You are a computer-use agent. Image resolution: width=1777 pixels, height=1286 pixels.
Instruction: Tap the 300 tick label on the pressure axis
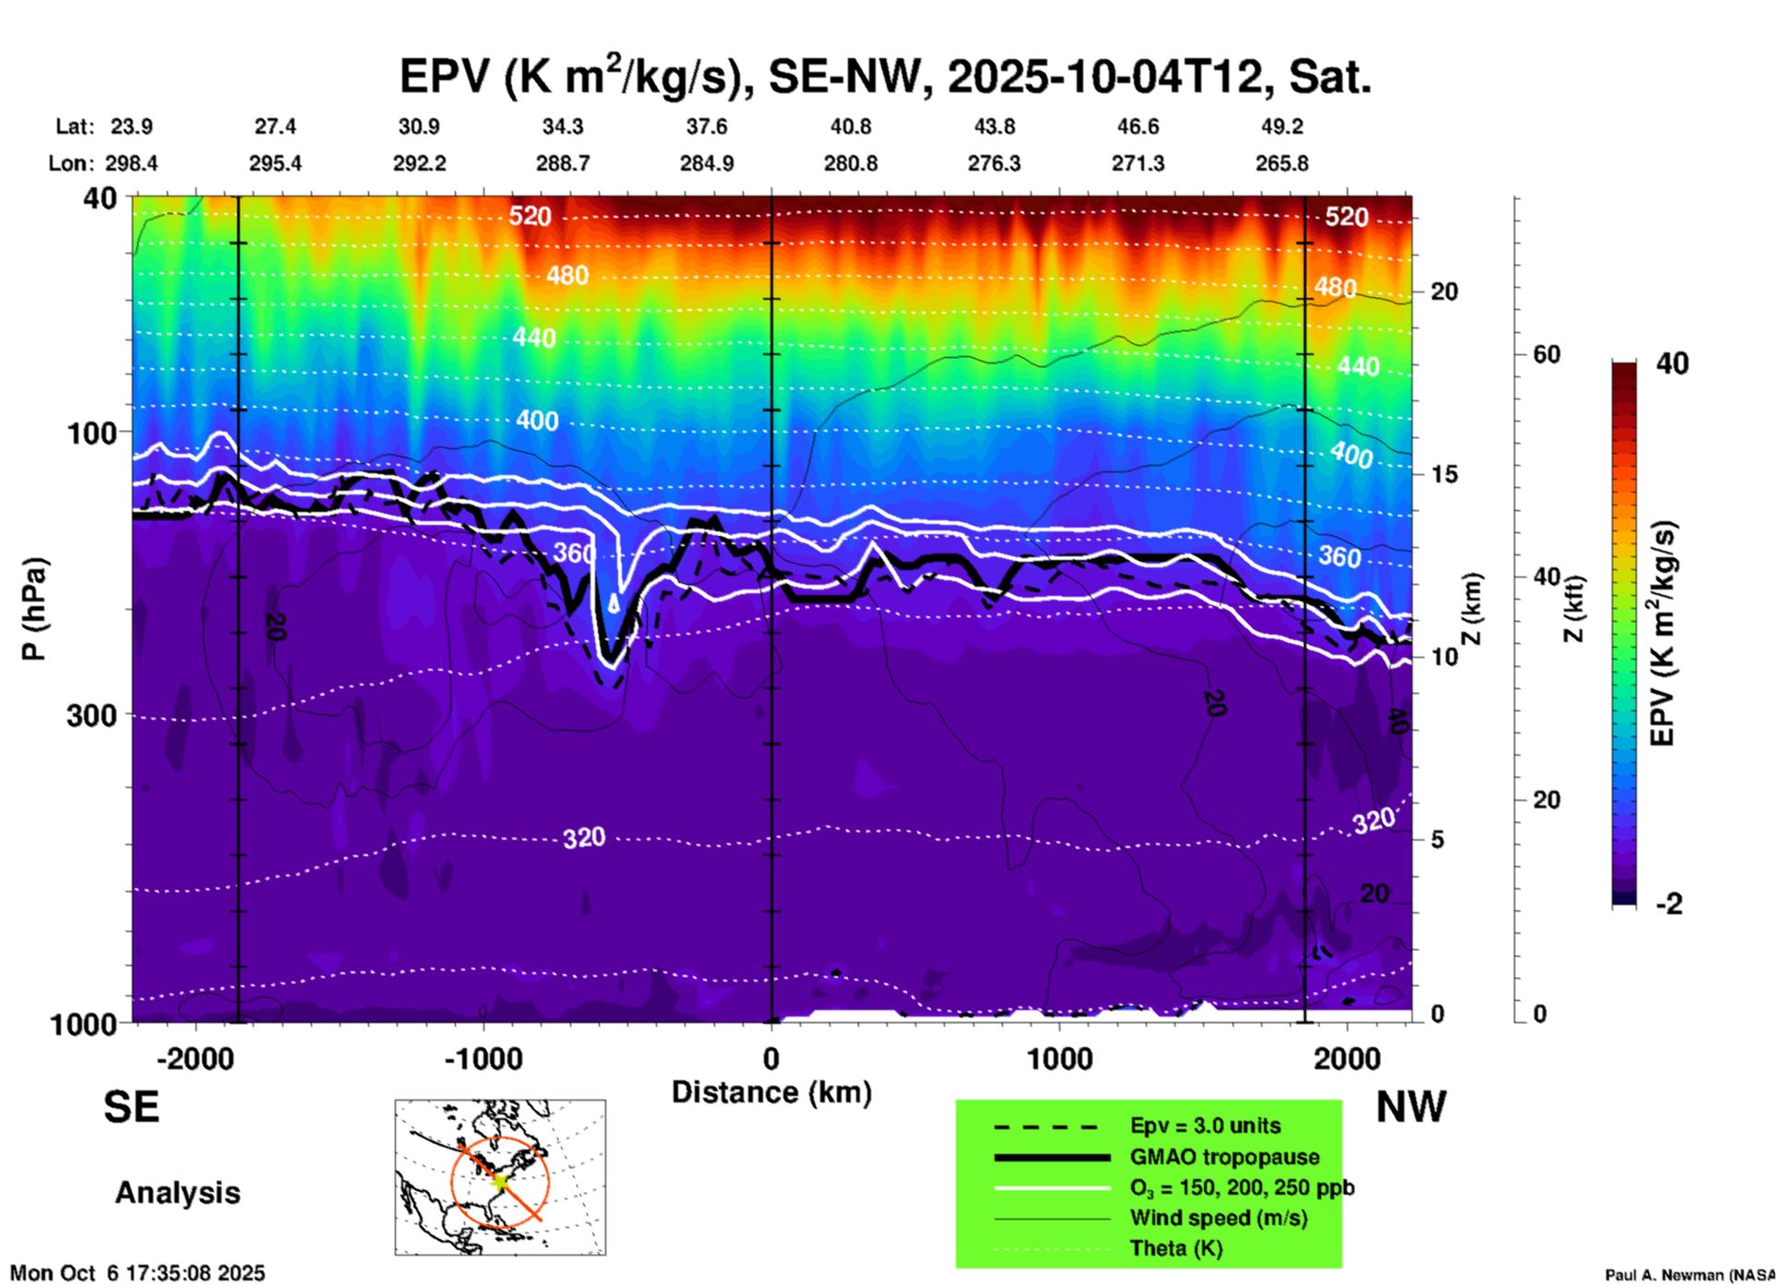pos(92,716)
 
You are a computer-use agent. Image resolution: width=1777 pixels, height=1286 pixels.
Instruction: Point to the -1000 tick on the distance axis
pos(483,1059)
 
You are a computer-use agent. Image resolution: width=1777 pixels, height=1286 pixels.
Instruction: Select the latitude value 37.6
pos(706,126)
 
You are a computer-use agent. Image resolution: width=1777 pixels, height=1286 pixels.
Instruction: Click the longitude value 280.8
pos(850,163)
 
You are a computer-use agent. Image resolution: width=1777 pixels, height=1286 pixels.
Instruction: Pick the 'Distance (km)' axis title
pos(771,1092)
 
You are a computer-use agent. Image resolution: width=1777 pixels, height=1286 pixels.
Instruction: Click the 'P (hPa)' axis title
pos(34,608)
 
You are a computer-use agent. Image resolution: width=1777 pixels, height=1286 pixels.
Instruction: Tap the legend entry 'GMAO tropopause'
pos(1223,1157)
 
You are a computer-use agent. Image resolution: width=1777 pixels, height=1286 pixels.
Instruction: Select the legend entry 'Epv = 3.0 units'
pos(1204,1126)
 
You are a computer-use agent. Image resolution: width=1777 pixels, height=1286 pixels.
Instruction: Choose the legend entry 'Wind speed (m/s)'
pos(1218,1218)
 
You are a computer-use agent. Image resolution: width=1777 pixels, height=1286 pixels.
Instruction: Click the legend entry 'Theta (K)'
pos(1175,1248)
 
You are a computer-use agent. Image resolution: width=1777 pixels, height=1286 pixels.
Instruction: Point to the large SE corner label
pos(131,1107)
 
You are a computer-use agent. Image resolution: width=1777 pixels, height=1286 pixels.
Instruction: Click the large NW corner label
pos(1411,1107)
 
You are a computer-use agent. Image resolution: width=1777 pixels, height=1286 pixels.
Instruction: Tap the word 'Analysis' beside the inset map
pos(177,1193)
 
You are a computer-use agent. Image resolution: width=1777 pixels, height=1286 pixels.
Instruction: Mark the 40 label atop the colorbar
pos(1672,363)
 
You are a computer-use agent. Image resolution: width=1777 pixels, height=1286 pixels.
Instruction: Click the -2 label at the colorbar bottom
pos(1669,904)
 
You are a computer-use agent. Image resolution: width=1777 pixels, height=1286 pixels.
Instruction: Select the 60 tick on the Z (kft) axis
pos(1545,354)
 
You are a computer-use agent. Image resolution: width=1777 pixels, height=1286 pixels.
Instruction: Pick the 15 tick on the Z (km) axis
pos(1444,474)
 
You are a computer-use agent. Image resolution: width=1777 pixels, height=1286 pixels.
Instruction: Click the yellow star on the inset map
pos(500,1181)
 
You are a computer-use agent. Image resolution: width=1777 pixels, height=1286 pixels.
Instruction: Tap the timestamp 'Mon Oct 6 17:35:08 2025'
pos(137,1273)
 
